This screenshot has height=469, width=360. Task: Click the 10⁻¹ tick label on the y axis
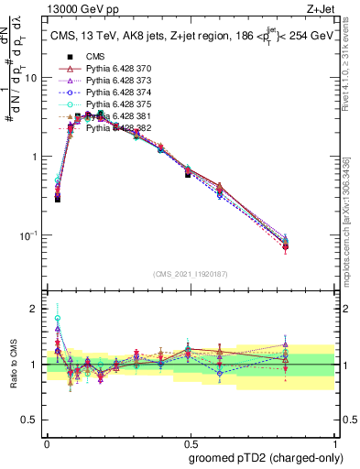[28, 235]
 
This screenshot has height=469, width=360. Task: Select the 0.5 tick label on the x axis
[191, 442]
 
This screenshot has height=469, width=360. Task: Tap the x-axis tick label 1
[335, 442]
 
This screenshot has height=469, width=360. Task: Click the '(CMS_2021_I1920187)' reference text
[190, 273]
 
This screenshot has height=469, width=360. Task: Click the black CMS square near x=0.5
[188, 173]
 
